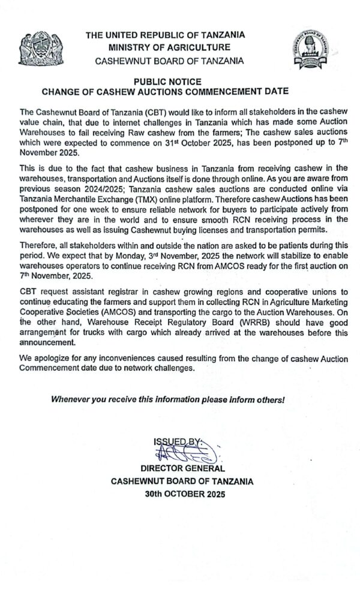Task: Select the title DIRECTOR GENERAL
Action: coord(182,468)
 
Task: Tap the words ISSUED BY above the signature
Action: coord(178,443)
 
